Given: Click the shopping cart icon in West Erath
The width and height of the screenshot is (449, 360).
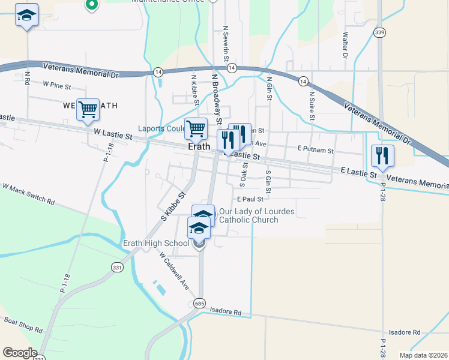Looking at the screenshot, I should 88,110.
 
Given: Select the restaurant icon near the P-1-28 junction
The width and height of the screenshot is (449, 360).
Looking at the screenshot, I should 382,156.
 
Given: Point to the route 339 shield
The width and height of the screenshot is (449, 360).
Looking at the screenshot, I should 379,32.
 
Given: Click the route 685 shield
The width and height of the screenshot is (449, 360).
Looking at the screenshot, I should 199,304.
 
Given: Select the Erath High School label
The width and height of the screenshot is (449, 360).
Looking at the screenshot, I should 156,243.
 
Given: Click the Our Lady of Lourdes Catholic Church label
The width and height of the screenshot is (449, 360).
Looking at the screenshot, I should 249,215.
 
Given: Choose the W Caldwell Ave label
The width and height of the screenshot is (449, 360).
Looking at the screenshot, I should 175,271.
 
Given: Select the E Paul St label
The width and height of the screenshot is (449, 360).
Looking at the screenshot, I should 251,199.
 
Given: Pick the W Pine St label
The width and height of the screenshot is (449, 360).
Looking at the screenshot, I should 57,86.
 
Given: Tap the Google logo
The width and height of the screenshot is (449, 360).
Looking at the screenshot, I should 20,353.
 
